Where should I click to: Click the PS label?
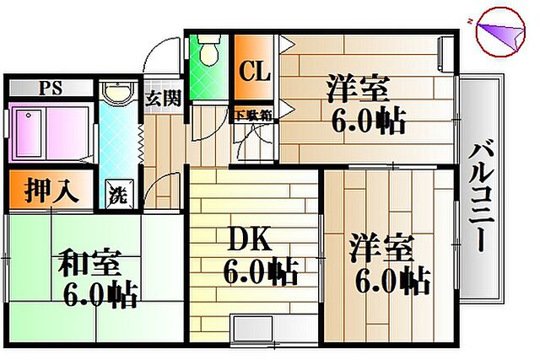click(50, 88)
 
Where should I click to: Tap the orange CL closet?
click(252, 70)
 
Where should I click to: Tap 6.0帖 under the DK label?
click(260, 271)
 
